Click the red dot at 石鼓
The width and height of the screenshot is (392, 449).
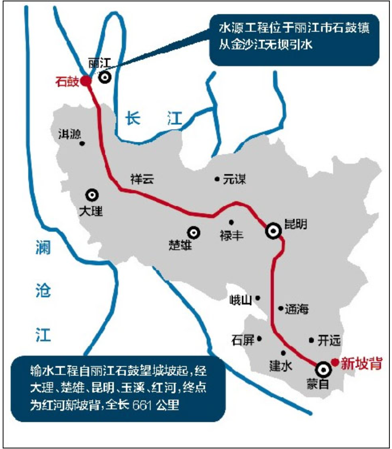click(86, 81)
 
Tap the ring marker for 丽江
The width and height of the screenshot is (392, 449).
click(105, 77)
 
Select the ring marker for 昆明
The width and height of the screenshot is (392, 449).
click(274, 231)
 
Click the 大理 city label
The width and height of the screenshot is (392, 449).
click(90, 211)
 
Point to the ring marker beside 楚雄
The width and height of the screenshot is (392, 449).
click(193, 232)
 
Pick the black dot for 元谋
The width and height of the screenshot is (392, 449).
click(217, 179)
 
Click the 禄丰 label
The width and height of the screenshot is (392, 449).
click(231, 235)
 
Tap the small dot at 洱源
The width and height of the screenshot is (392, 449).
click(82, 143)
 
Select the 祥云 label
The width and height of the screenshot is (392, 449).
click(142, 180)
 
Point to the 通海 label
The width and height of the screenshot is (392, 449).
click(297, 309)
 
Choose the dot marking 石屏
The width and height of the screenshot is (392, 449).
click(260, 338)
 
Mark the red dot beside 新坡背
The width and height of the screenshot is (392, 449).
click(334, 362)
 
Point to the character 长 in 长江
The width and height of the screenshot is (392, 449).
click(132, 118)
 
